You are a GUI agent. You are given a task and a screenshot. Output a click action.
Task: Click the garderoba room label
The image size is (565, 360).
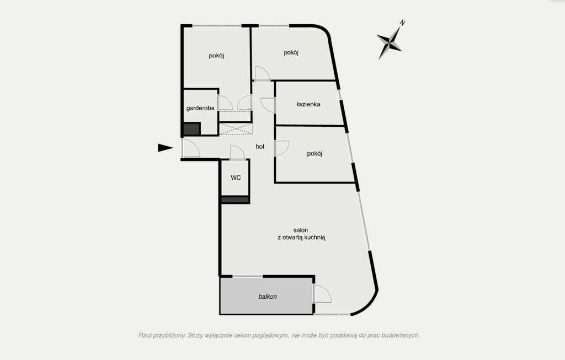click(x=200, y=108)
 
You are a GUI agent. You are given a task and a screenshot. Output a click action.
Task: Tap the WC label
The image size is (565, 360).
click(x=236, y=178)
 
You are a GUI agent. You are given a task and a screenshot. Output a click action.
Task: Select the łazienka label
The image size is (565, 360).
click(x=308, y=104)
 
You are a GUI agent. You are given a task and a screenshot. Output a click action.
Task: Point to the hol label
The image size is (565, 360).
click(x=260, y=147)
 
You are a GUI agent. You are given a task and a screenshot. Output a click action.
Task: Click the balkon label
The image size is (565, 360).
click(x=268, y=297)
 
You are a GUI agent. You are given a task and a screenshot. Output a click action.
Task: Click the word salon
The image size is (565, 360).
click(x=301, y=230)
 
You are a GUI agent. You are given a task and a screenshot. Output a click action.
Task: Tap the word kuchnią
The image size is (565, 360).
click(x=315, y=238)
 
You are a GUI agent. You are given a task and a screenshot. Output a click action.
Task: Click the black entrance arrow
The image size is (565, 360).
click(x=166, y=148)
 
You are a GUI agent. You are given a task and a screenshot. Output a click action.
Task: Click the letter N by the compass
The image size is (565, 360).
click(x=402, y=23)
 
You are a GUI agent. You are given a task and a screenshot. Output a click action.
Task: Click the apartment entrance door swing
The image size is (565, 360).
click(x=190, y=148)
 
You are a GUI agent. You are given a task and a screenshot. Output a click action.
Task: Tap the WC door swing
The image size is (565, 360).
click(x=237, y=152)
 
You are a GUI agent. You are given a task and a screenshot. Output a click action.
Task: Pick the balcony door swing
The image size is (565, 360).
click(x=322, y=293)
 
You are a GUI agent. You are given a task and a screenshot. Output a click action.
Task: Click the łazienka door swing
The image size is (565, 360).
click(x=268, y=105)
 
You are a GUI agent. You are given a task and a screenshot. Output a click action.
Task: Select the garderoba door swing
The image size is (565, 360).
click(x=226, y=103)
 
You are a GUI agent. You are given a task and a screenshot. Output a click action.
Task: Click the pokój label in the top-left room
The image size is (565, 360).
click(x=216, y=56)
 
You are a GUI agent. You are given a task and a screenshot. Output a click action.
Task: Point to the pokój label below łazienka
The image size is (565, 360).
click(x=315, y=154)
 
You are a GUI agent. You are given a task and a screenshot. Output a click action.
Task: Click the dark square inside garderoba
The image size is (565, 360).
click(x=191, y=129)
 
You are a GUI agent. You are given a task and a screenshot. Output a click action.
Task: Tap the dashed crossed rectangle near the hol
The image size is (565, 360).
click(x=236, y=129)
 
